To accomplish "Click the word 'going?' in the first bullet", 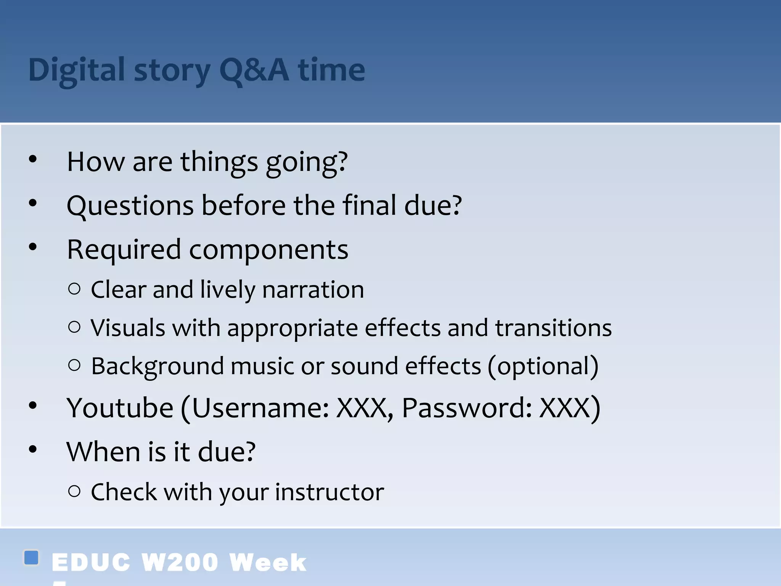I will [x=307, y=162].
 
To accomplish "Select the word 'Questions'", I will [x=130, y=206].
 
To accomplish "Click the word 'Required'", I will [x=124, y=250].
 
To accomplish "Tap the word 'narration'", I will [x=313, y=290].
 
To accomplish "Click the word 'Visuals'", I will [x=128, y=328].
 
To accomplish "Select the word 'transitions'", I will [x=553, y=328].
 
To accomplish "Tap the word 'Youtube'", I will [x=120, y=408].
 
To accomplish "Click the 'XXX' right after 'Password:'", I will [x=564, y=408].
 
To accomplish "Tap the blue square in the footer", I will [x=31, y=557].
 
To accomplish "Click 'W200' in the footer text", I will [x=179, y=562].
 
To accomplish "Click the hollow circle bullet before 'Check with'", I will [x=74, y=491].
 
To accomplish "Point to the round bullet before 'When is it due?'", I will [x=33, y=449].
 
